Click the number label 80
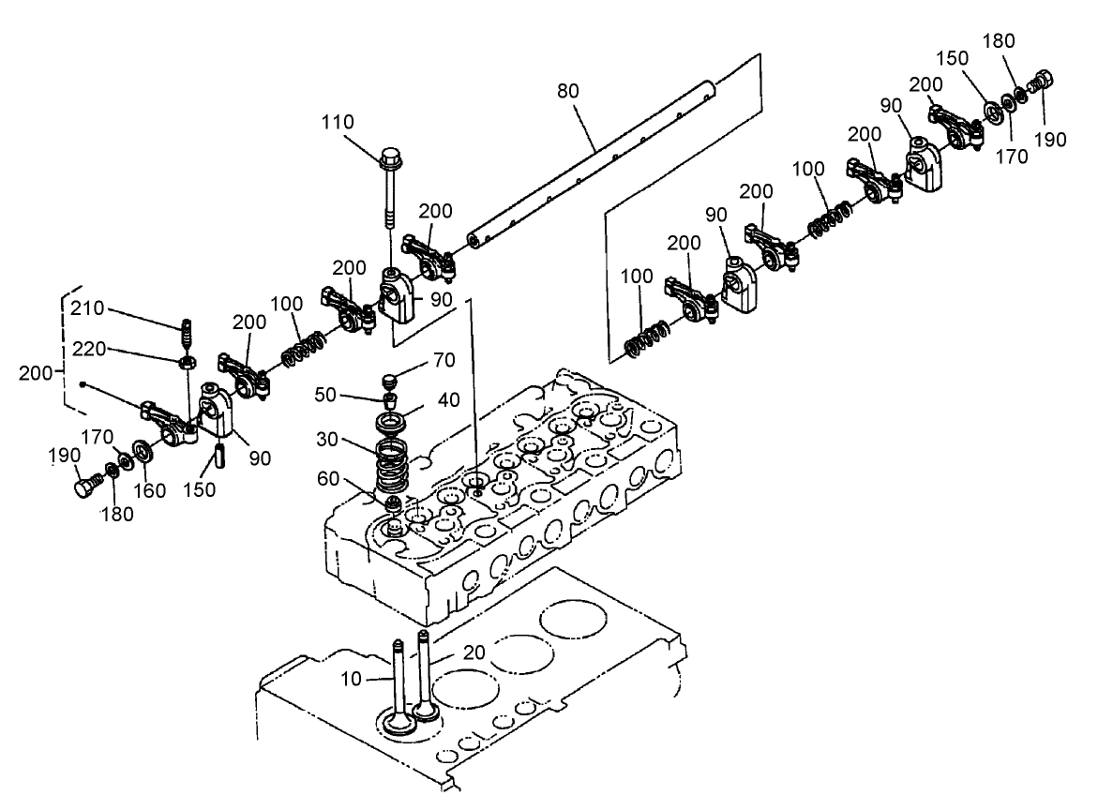pos(568,91)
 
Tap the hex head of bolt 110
pos(390,157)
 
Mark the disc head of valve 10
pos(397,725)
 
